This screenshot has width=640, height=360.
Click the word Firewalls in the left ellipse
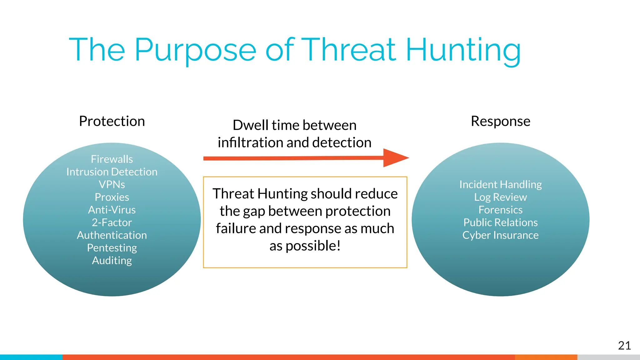click(112, 159)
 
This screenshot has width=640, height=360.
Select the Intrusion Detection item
click(112, 172)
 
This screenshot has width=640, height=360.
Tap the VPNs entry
click(112, 184)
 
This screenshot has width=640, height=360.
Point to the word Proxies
click(112, 197)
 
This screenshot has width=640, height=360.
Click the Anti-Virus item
click(112, 210)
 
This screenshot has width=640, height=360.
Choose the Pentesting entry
click(112, 248)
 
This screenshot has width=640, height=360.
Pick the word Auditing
click(112, 261)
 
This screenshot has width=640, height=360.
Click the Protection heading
click(112, 121)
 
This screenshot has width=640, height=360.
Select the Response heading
click(500, 121)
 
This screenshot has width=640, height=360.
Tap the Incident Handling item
click(500, 184)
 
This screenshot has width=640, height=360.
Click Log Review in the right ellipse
click(500, 197)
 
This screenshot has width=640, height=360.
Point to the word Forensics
click(500, 210)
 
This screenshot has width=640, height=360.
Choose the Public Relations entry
click(500, 222)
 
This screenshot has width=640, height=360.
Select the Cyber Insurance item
click(500, 235)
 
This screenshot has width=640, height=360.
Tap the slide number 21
click(624, 346)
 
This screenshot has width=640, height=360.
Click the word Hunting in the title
click(463, 50)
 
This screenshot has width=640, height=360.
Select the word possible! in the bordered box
click(313, 246)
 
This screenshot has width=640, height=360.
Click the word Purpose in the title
click(195, 50)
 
